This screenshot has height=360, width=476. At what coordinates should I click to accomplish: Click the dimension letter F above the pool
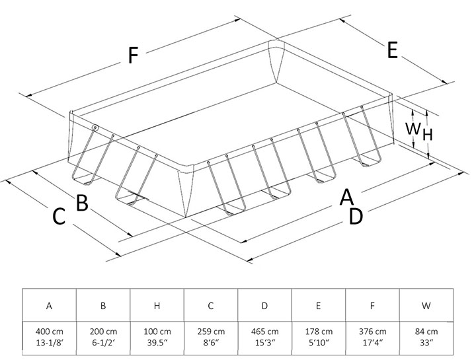point(133,57)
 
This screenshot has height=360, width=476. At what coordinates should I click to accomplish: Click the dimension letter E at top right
point(392,51)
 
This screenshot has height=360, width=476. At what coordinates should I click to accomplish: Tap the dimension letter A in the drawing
point(346,196)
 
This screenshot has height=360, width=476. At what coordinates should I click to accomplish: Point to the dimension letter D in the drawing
point(356,216)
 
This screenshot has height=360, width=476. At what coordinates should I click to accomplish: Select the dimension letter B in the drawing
point(82,203)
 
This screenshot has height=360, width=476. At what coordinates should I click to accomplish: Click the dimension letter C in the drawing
point(59,217)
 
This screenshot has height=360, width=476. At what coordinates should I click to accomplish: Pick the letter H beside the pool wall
point(428,135)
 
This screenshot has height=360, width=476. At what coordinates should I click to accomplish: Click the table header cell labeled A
point(50,306)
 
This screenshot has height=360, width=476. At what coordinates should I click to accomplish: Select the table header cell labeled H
point(157,306)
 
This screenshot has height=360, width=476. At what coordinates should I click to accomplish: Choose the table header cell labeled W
point(426,306)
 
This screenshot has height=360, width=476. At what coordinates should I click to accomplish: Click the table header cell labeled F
point(372,306)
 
